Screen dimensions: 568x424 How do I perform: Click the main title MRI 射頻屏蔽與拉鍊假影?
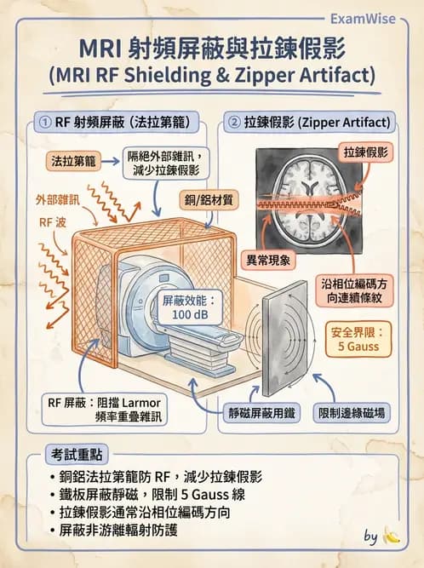coord(211,47)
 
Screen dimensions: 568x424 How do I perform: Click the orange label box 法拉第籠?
coord(74,160)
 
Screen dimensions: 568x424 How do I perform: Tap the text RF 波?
coord(51,223)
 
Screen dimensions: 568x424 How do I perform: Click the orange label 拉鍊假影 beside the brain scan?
coord(365,152)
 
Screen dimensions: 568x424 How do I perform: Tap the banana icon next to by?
coord(391,536)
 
